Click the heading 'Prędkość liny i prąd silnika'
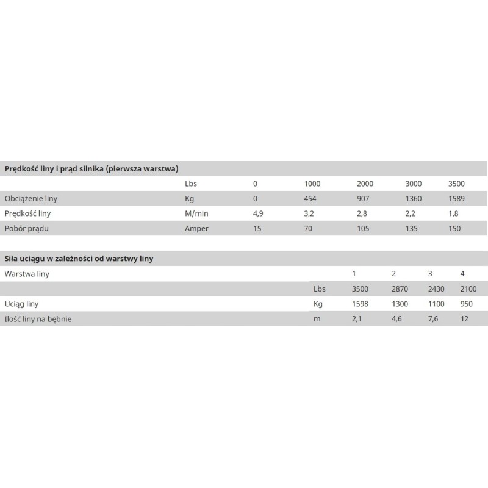(91, 168)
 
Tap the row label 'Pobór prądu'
(26, 229)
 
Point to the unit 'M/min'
(196, 213)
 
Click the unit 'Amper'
(196, 229)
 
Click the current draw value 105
(364, 229)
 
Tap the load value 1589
(457, 199)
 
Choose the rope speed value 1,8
(453, 213)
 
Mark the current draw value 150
(454, 229)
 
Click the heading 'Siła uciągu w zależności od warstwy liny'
(79, 259)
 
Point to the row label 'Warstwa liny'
(27, 274)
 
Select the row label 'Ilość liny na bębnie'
(38, 318)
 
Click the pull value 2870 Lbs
(401, 289)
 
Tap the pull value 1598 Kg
(361, 303)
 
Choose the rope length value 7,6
(433, 318)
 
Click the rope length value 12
(465, 318)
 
